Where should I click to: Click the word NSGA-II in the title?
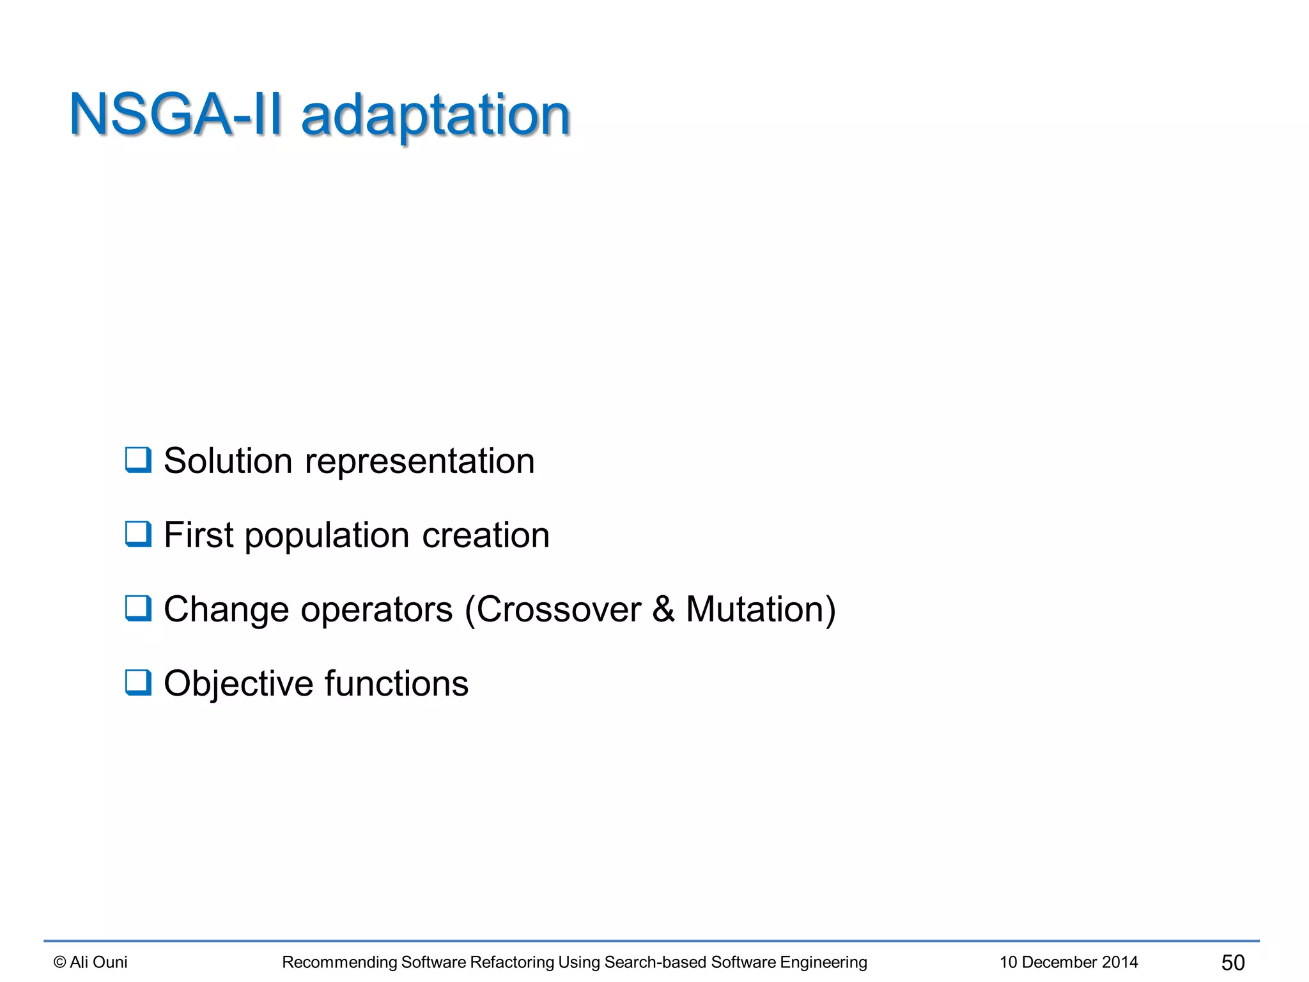click(x=175, y=115)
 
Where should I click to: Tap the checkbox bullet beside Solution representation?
click(x=138, y=460)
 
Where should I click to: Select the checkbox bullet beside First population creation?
click(x=138, y=534)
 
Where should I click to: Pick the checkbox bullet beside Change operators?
click(x=138, y=609)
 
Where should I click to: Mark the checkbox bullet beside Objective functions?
click(x=138, y=683)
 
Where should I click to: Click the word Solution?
click(x=228, y=461)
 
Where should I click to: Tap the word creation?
click(x=486, y=536)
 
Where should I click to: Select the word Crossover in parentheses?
click(x=558, y=609)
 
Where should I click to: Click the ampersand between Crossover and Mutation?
click(x=663, y=609)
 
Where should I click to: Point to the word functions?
click(x=396, y=683)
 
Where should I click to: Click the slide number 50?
click(x=1233, y=962)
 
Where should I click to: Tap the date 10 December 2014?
click(x=1069, y=962)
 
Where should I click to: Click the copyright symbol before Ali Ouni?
click(x=60, y=962)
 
